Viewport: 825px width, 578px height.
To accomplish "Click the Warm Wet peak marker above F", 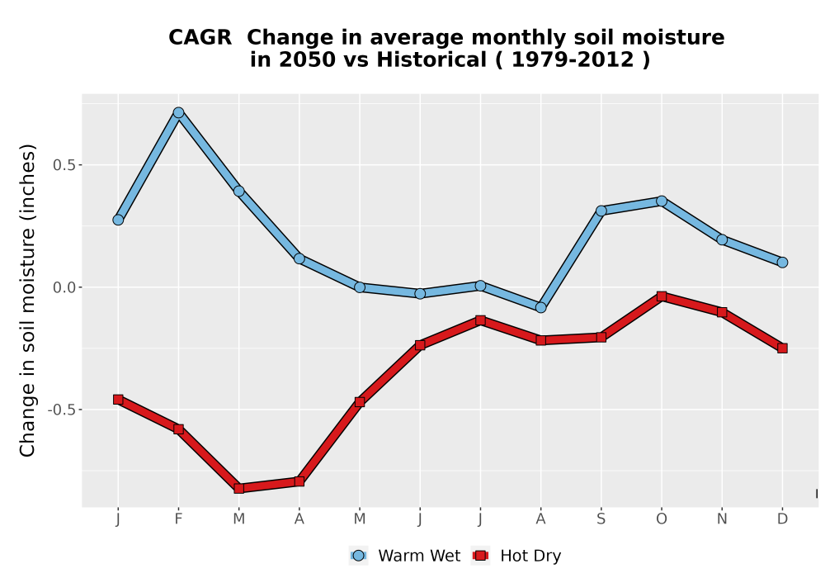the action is tap(178, 112).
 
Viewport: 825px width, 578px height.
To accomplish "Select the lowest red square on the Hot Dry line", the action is tap(239, 489).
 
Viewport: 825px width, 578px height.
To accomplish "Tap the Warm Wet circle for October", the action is tap(662, 201).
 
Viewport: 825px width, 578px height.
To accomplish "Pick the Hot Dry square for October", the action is tap(662, 296).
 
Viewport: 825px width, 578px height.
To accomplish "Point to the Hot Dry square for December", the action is tap(782, 348).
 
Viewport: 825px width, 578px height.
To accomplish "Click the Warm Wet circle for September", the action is tap(601, 211).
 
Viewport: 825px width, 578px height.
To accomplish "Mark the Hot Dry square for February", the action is tap(178, 429).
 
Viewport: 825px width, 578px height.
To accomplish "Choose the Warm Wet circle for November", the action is tap(722, 239).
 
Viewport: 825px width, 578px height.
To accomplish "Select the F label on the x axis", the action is tap(178, 519).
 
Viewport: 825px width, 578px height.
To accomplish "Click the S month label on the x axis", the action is tap(601, 519).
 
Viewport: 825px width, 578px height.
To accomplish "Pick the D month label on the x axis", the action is tap(782, 519).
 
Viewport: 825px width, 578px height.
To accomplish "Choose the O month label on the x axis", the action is tap(662, 519).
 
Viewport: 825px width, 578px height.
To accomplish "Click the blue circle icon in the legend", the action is tap(358, 556).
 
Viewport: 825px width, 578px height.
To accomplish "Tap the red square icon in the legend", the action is tap(480, 556).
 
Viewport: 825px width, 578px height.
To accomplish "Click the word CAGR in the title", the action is tap(200, 38).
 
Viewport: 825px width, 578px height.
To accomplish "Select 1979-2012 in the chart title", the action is tap(573, 60).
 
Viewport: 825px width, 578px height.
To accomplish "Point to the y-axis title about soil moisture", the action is tap(27, 300).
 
